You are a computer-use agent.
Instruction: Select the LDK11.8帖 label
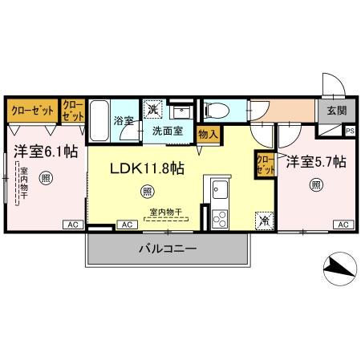tap(147, 168)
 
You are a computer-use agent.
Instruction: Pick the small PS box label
tap(349, 131)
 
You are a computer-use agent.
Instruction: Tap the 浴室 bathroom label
tap(122, 120)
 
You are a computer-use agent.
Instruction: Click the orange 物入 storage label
tap(207, 136)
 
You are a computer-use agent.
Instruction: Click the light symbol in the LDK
tap(147, 191)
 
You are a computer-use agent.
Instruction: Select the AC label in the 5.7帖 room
tap(343, 225)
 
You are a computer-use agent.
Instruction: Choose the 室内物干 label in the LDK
tap(165, 212)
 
